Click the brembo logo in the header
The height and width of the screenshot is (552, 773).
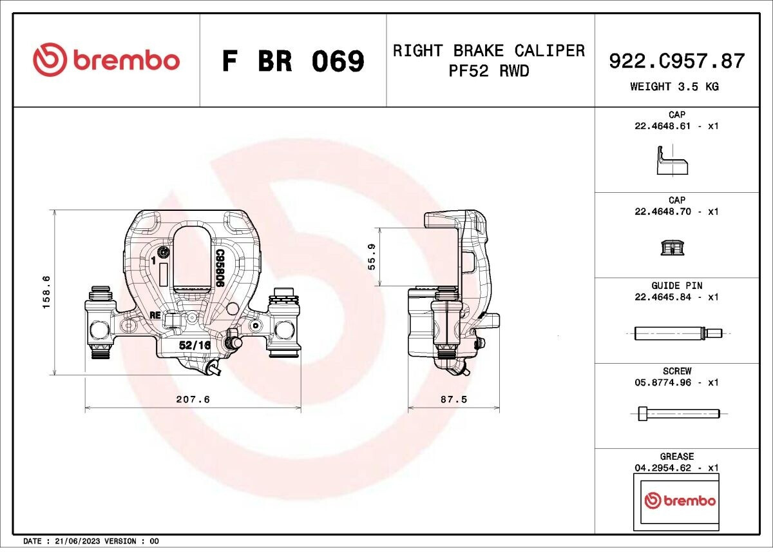coord(106,60)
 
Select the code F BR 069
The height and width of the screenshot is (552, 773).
coord(293,61)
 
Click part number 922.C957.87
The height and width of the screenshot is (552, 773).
coord(677,61)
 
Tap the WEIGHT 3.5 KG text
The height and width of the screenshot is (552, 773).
coord(674,86)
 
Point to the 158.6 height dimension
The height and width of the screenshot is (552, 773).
coord(46,292)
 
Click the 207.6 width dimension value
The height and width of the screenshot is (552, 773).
coord(193,399)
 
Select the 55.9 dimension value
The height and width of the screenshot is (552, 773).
coord(372,257)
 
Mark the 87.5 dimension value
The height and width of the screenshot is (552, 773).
coord(453,399)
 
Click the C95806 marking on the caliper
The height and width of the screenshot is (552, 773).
coord(218,268)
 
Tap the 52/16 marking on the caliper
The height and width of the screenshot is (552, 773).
coord(195,345)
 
